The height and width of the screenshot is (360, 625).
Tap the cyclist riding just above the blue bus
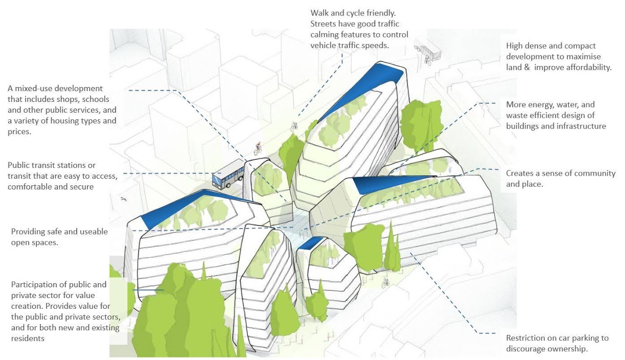click(258, 149)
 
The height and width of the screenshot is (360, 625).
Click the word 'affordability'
click(587, 67)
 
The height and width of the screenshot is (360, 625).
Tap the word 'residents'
click(27, 338)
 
